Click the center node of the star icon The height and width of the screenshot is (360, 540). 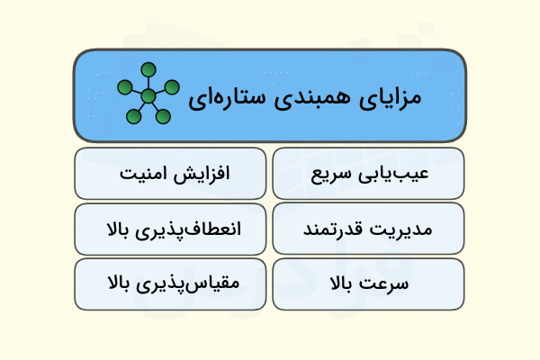[148, 95]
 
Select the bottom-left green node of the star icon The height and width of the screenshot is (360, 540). [133, 116]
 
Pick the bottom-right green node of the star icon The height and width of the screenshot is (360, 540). [163, 116]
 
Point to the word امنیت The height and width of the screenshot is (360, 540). [140, 174]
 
